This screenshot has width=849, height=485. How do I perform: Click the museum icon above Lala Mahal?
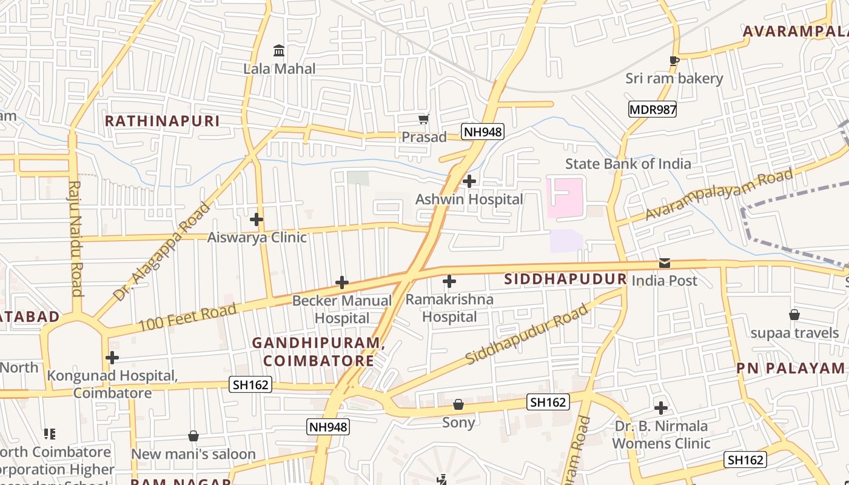279,50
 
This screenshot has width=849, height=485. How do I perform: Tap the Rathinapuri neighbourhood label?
162,121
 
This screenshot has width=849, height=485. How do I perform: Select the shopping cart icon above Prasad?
424,119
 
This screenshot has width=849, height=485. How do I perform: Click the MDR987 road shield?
652,110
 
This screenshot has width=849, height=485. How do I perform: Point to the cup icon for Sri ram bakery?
674,60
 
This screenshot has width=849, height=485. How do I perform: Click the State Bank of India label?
628,164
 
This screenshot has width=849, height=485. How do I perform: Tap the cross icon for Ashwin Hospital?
469,181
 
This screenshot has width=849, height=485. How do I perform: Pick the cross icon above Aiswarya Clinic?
257,219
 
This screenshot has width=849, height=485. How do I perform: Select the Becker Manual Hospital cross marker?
342,283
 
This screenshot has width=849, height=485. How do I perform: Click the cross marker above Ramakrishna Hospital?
449,281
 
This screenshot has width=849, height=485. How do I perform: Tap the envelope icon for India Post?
665,263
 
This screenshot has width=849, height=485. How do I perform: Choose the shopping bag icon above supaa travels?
794,315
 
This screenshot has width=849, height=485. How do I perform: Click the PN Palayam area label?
790,368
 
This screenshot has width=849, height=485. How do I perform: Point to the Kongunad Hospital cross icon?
112,358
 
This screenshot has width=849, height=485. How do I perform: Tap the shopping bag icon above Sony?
458,404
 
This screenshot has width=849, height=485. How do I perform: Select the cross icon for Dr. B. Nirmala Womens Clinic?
661,408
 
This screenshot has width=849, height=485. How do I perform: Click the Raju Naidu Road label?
75,238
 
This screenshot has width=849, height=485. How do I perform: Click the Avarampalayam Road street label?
719,194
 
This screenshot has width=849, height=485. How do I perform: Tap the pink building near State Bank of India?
564,198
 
